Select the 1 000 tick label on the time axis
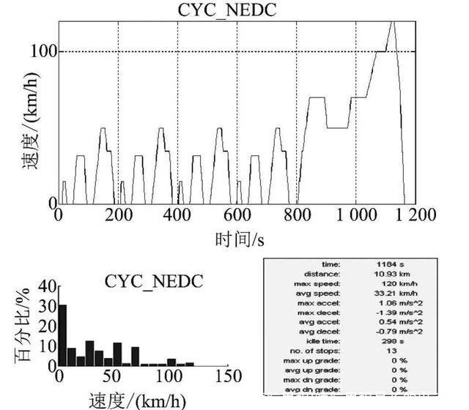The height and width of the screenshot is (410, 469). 355,215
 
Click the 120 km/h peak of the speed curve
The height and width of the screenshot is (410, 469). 393,22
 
